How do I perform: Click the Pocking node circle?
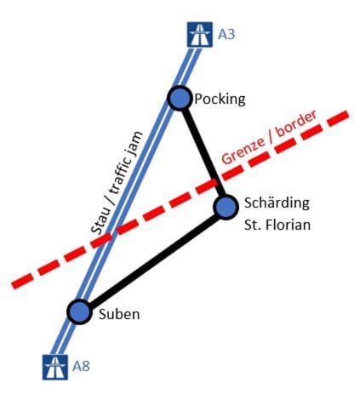tap(180, 98)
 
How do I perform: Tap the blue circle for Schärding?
tap(226, 207)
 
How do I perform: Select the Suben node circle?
tap(79, 311)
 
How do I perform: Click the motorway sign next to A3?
tap(200, 35)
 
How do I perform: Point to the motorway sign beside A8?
tap(55, 367)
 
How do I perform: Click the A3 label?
tap(226, 34)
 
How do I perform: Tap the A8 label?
tap(81, 366)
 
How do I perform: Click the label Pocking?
tap(220, 100)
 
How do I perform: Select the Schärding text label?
tap(277, 203)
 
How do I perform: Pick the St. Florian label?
tap(277, 225)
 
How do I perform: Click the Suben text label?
tap(119, 314)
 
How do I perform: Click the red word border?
tap(296, 124)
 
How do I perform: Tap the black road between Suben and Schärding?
tap(152, 260)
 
